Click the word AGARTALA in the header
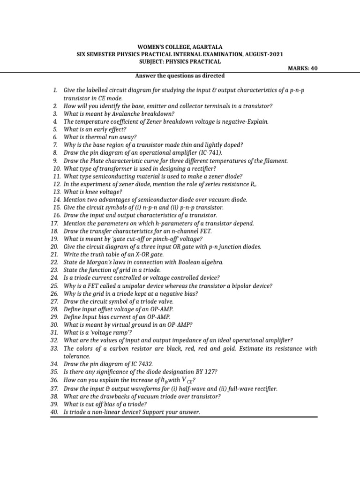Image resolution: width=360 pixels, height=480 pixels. click(x=205, y=47)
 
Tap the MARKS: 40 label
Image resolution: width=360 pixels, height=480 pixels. click(x=305, y=68)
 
